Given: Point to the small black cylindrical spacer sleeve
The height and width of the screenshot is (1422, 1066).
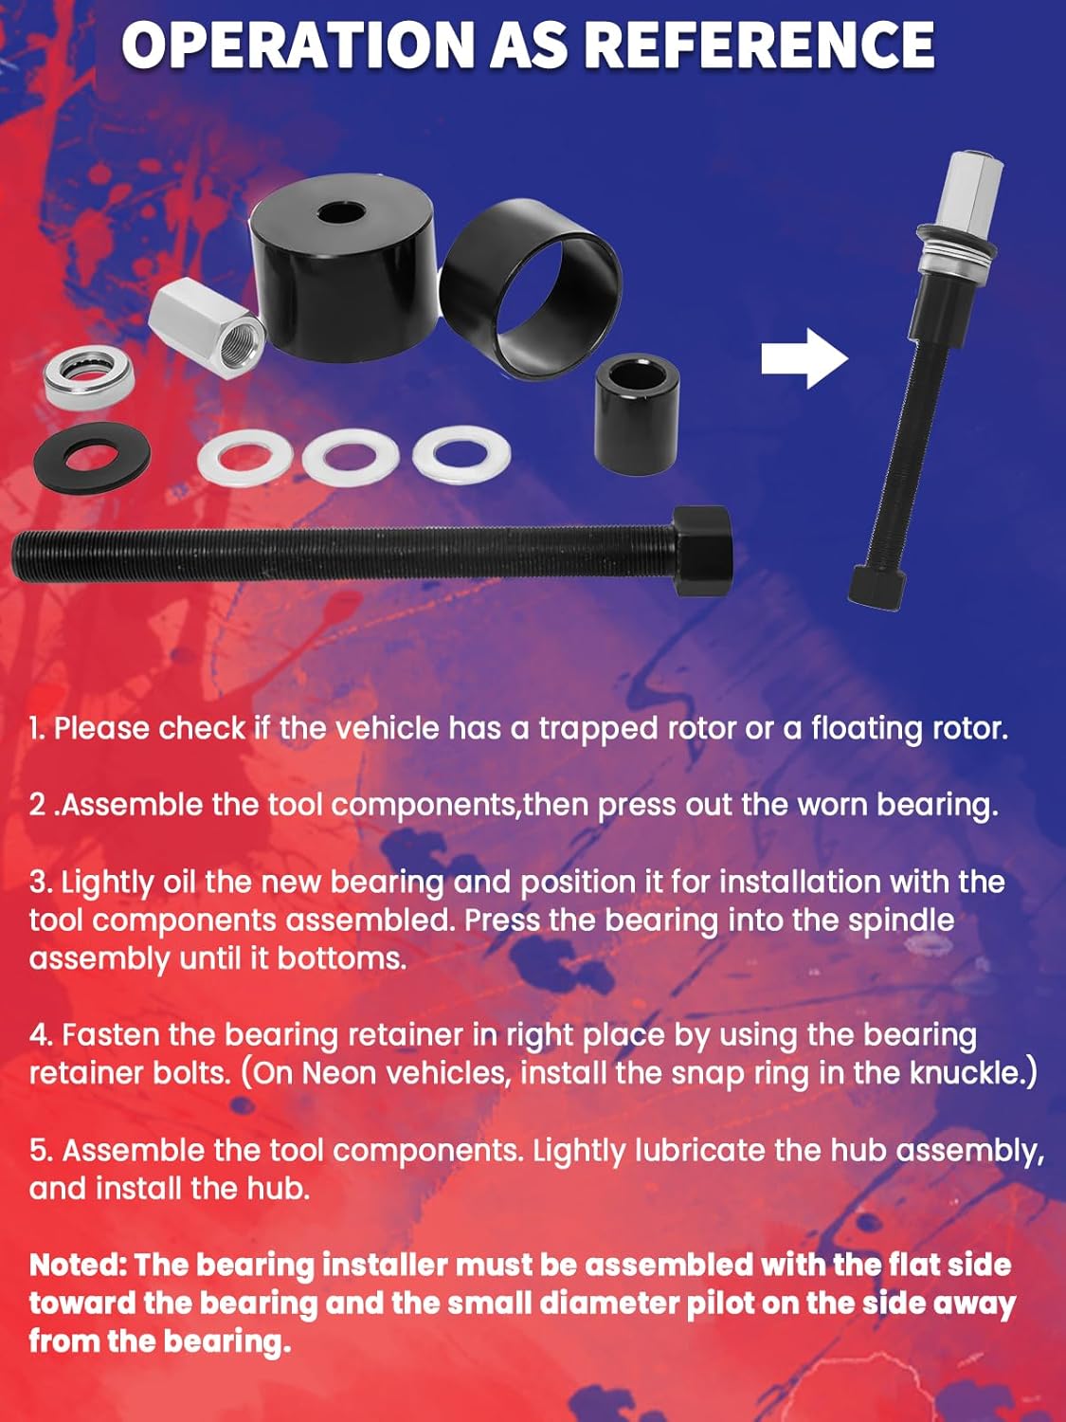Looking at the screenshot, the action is point(637,418).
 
